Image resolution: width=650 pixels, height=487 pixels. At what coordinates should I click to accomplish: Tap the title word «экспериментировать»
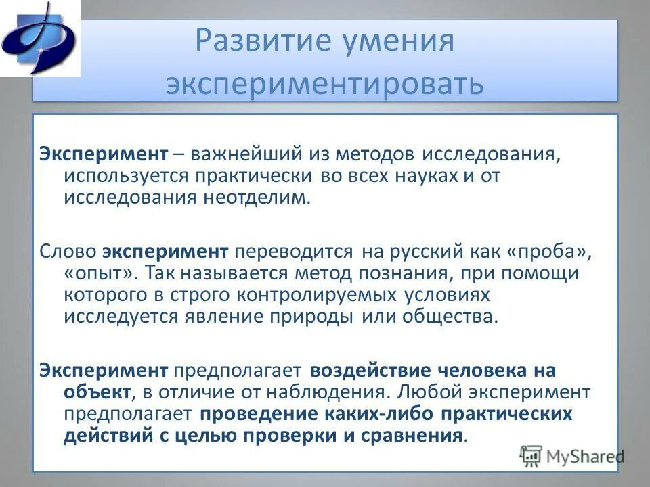[325, 84]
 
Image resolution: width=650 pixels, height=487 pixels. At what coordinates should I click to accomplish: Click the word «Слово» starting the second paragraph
[68, 252]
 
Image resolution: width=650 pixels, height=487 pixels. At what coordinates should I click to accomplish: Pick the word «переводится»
[293, 252]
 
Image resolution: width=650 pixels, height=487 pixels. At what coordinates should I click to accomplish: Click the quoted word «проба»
[544, 252]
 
